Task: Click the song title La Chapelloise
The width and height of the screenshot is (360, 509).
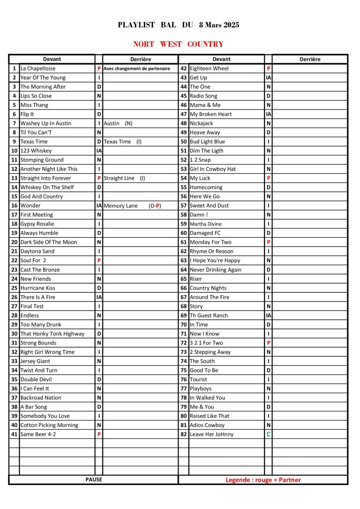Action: (x=38, y=69)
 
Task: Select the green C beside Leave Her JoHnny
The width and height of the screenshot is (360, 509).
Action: (x=269, y=434)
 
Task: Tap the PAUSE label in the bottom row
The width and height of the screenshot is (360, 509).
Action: (x=93, y=480)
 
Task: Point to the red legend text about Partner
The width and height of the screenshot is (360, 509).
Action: (x=263, y=480)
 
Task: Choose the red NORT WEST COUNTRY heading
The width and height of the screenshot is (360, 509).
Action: (x=179, y=44)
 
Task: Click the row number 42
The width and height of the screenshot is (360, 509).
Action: (x=183, y=69)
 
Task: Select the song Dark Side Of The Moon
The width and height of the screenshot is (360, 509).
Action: (x=49, y=242)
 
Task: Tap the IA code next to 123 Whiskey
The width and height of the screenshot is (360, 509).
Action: (x=99, y=151)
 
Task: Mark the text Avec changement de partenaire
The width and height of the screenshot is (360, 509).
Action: (x=137, y=69)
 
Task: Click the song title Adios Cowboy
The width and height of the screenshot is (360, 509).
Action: (x=207, y=425)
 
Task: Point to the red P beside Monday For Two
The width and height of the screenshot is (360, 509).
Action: (x=269, y=242)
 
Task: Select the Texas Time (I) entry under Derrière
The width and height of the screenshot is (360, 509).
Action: (x=123, y=142)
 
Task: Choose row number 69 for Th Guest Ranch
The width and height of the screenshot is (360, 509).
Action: (x=183, y=315)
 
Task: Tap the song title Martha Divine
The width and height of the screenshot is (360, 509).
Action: (x=205, y=224)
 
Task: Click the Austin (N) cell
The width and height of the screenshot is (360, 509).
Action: (x=118, y=123)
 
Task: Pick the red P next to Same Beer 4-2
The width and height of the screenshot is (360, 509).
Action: (x=99, y=434)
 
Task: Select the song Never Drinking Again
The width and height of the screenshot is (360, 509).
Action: (x=215, y=270)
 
